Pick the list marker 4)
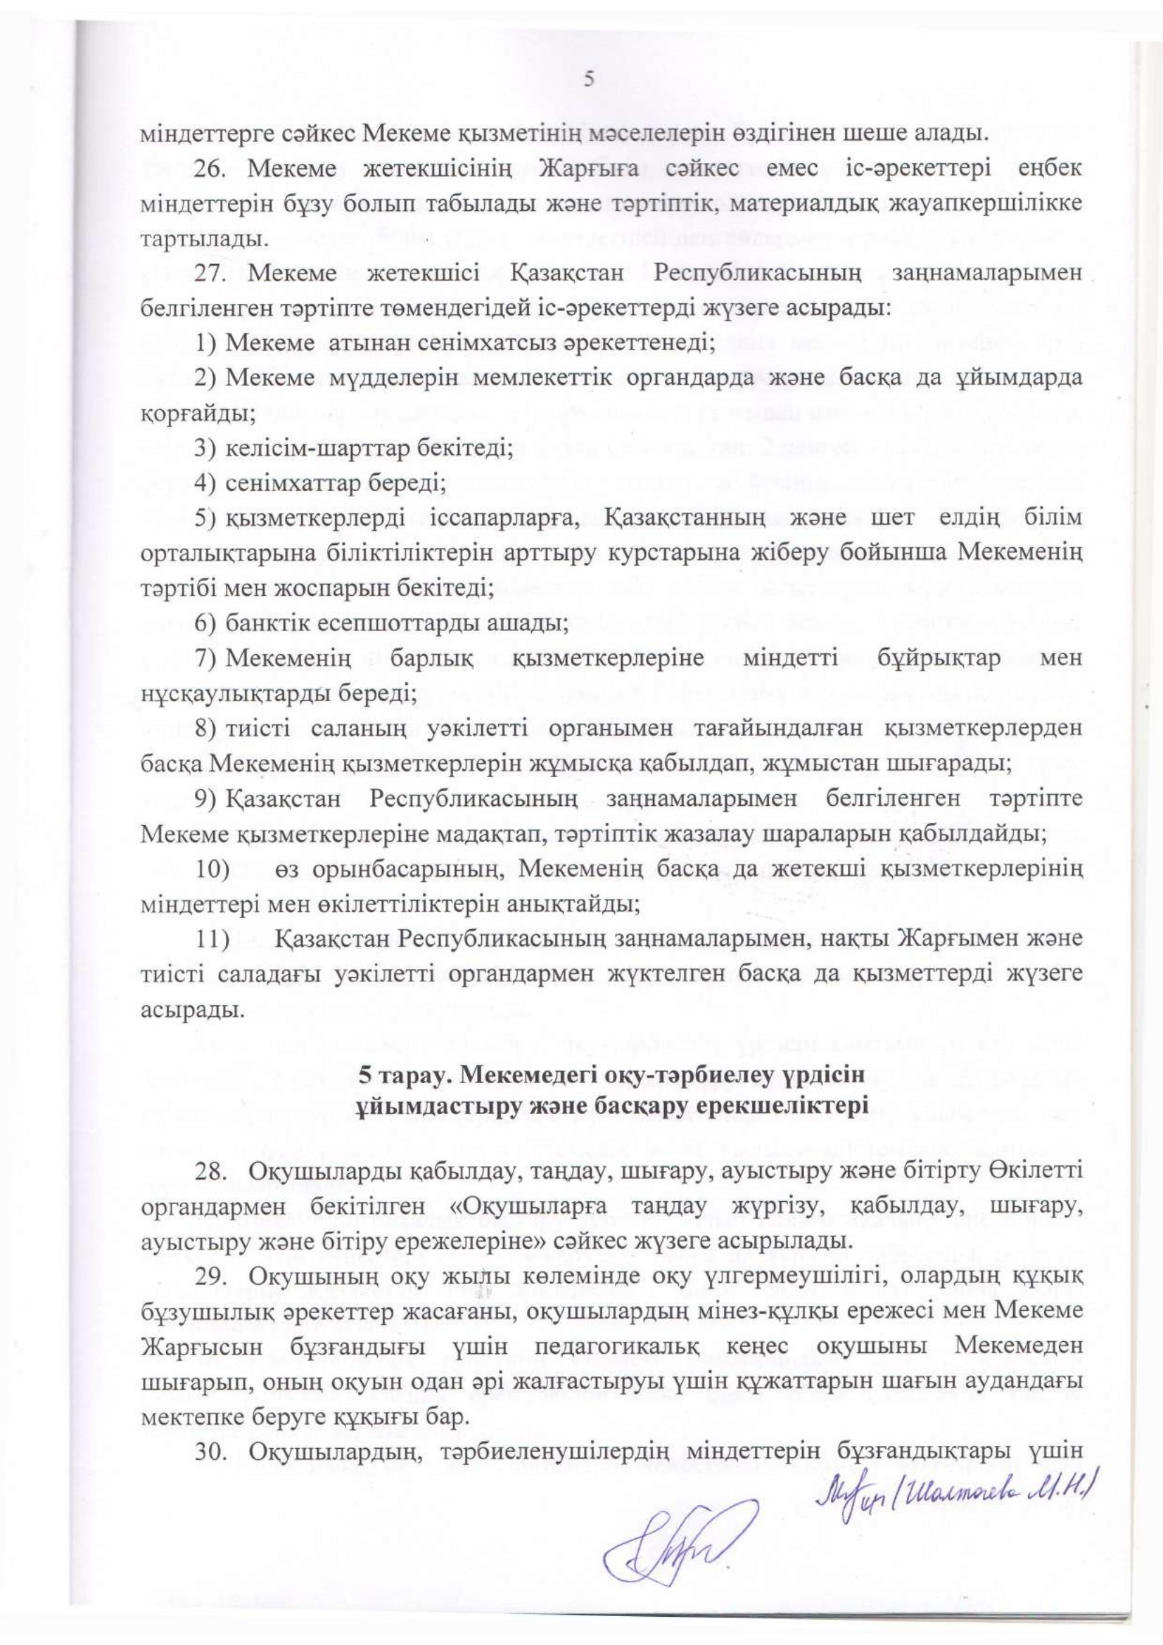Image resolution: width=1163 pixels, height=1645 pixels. [x=205, y=484]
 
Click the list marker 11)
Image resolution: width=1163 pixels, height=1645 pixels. [x=212, y=938]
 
